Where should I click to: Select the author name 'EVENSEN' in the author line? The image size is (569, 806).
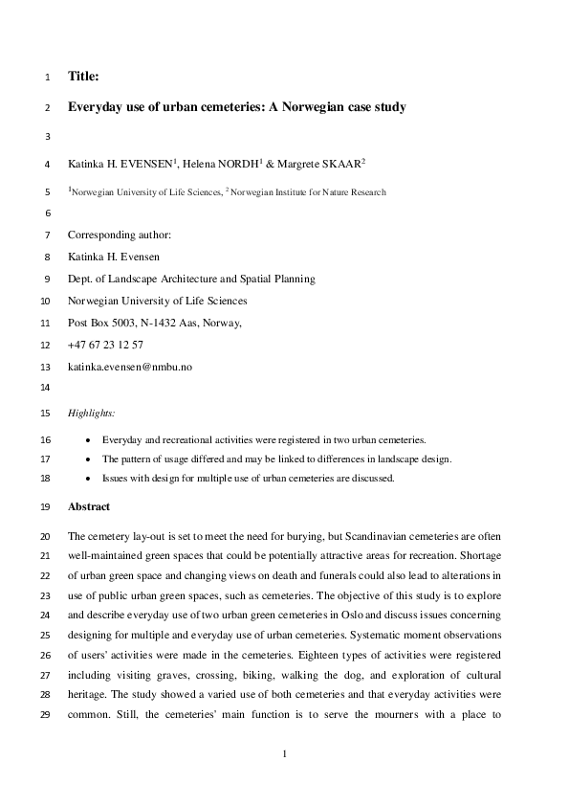pos(144,165)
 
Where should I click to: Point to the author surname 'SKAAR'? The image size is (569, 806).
pos(339,165)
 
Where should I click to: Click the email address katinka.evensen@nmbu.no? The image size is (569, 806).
pos(130,367)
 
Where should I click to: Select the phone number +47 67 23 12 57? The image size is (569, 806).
pos(106,344)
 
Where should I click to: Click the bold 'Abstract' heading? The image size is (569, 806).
pos(89,506)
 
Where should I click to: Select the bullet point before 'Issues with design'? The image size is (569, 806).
pos(89,479)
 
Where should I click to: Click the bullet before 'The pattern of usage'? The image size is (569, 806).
pos(89,459)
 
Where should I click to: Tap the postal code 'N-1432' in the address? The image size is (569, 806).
pos(169,323)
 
